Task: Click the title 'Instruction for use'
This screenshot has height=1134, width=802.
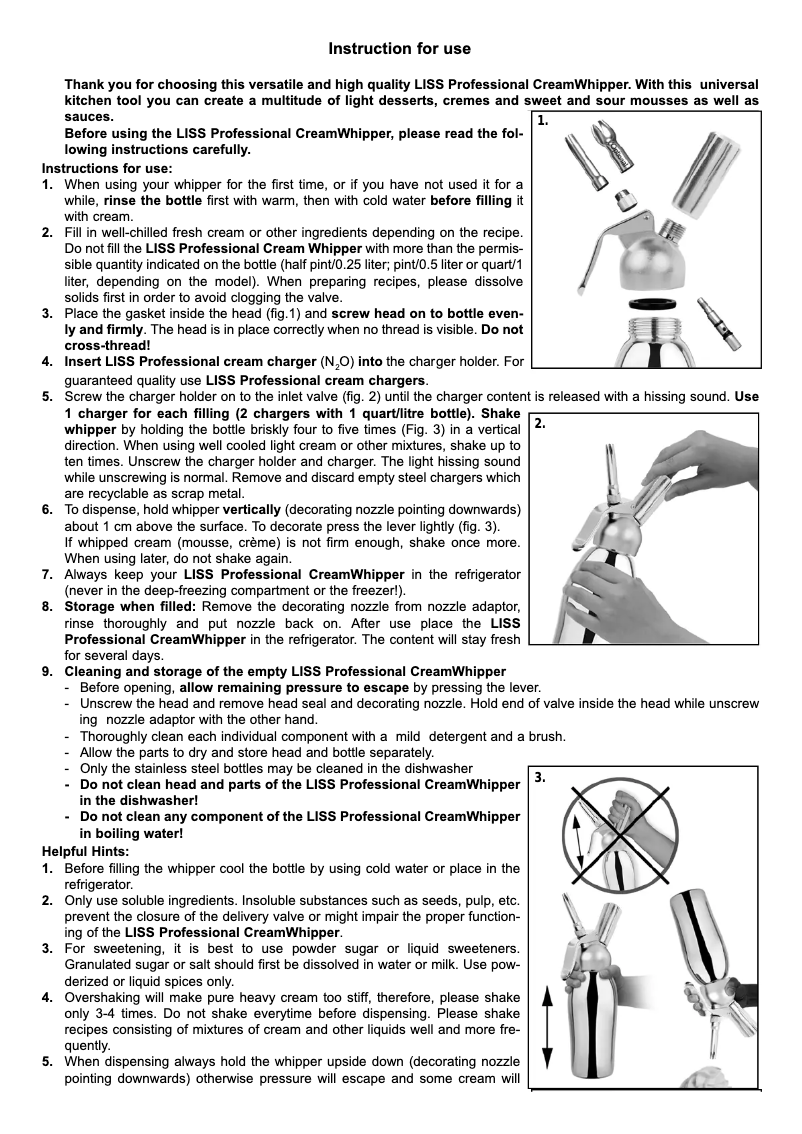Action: (x=400, y=49)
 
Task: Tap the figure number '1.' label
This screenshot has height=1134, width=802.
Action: (x=543, y=122)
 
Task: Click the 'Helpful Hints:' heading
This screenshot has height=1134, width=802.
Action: (x=85, y=851)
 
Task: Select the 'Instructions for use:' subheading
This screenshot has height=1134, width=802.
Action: (x=107, y=168)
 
